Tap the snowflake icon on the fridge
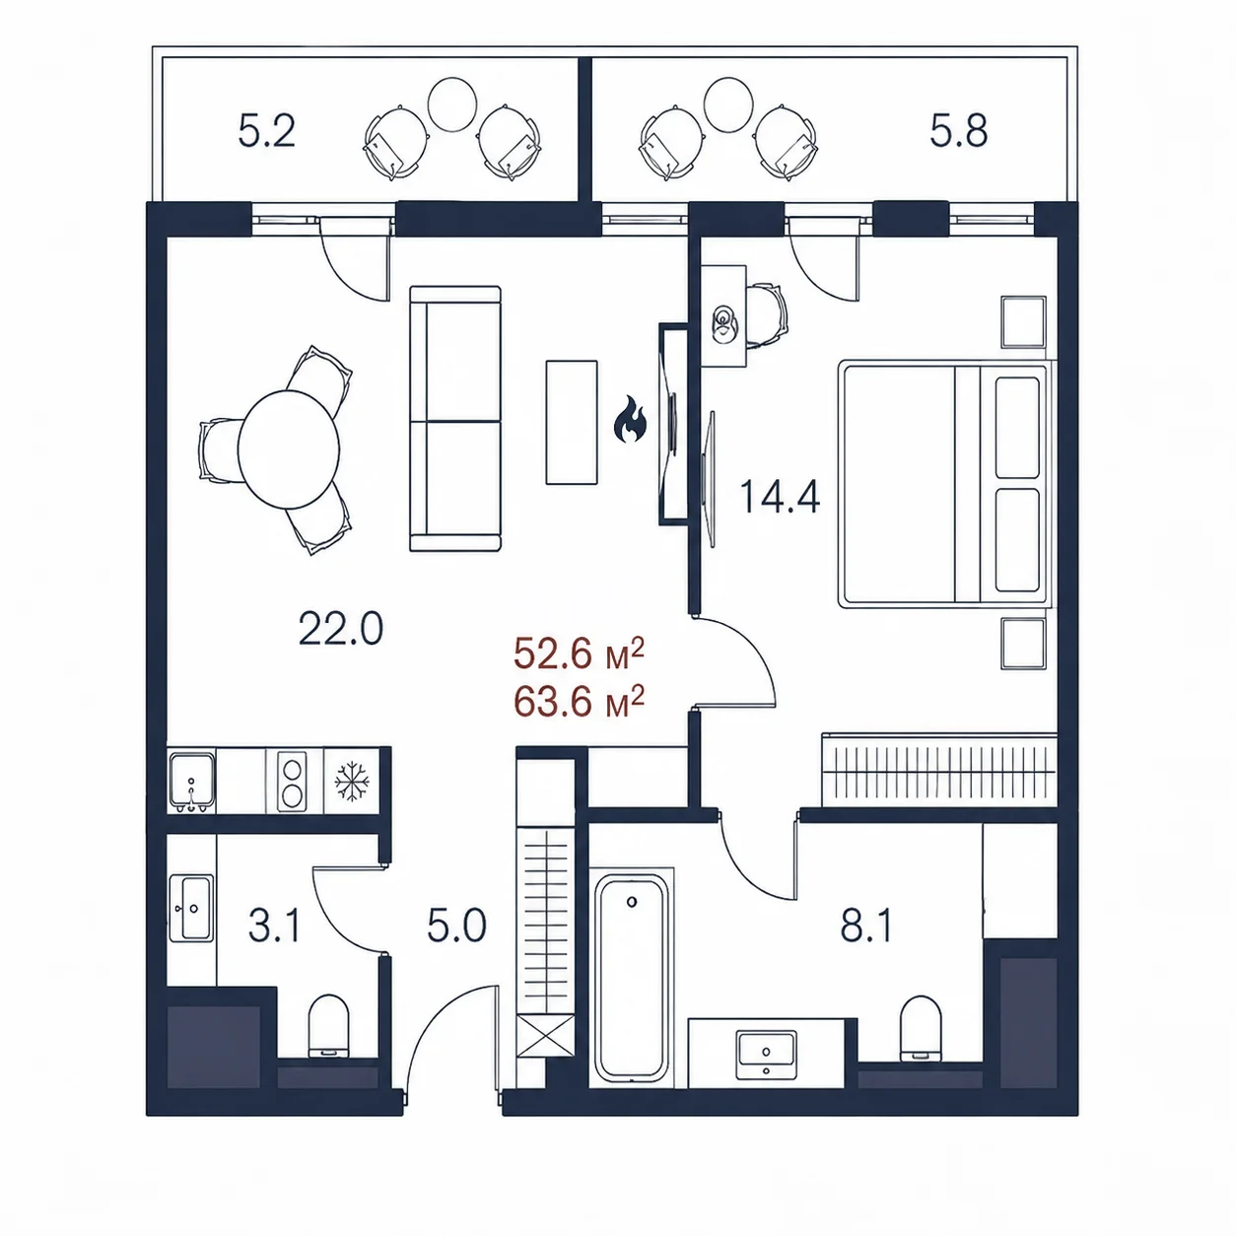pos(352,781)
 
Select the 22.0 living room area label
pos(341,629)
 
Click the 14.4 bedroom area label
pos(780,497)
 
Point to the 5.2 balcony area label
pos(267,131)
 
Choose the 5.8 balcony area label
pos(958,131)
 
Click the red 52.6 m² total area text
pos(579,654)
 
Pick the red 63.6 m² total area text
pos(579,702)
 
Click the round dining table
pos(289,449)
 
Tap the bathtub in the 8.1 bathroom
pos(632,979)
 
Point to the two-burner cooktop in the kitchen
pos(291,781)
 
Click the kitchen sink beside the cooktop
pos(191,781)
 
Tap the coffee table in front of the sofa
pos(572,422)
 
